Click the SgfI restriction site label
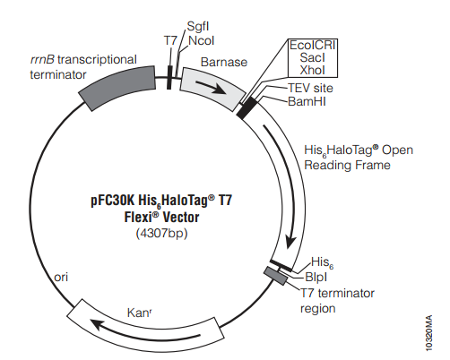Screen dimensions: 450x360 (x=198, y=27)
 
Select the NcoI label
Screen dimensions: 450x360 (x=202, y=40)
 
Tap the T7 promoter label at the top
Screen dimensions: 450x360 (x=170, y=40)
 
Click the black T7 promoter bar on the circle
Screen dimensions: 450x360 (x=169, y=78)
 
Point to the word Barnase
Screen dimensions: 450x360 (x=224, y=62)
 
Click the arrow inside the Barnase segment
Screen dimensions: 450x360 (x=211, y=87)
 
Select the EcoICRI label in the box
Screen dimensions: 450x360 (x=313, y=45)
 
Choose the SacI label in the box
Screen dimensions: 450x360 (x=313, y=57)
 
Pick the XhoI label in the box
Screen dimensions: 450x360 (x=313, y=70)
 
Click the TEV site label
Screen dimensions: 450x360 (x=310, y=88)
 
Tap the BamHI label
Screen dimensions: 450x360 (x=307, y=101)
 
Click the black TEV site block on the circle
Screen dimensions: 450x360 (x=247, y=108)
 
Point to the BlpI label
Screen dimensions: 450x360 (x=316, y=278)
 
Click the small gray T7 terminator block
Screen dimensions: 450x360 (x=275, y=276)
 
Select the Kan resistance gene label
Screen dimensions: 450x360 (x=139, y=313)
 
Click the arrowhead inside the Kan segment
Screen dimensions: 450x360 (x=97, y=323)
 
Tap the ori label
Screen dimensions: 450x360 (x=61, y=278)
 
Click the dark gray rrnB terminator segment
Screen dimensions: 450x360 (x=117, y=88)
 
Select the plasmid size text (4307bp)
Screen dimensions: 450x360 (x=161, y=233)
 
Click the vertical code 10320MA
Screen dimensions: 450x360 (x=428, y=333)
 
